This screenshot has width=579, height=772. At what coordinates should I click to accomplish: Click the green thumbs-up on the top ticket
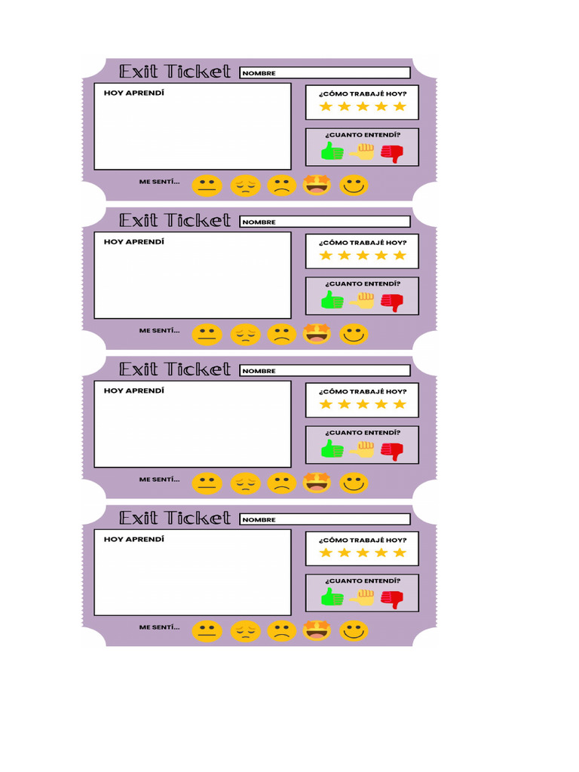point(332,152)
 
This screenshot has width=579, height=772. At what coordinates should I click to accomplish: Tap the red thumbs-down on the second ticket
point(392,302)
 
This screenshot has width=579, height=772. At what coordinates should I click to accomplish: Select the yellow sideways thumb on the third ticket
point(363,450)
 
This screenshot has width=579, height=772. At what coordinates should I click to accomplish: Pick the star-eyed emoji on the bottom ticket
point(317,630)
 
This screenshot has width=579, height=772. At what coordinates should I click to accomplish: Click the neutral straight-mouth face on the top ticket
point(207,185)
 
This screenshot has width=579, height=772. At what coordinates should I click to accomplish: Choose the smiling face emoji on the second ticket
point(354,333)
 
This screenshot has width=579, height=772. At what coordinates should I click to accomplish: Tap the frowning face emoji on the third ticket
point(281,482)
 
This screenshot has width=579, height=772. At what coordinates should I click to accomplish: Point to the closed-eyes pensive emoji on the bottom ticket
point(245,631)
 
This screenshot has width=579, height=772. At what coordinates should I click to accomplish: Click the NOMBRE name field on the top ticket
point(325,73)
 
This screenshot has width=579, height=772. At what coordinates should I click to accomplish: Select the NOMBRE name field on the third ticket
point(325,371)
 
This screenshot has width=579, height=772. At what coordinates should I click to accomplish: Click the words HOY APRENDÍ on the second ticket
point(133,242)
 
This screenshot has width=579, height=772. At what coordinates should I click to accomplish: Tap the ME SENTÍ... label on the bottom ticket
point(159,627)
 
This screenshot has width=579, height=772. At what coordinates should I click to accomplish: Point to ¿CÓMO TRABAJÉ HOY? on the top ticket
point(362,94)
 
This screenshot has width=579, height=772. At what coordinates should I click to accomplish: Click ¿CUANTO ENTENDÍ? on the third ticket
point(362,433)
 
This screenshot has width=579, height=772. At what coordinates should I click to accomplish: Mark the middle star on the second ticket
point(363,255)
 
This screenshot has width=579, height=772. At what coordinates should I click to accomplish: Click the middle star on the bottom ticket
point(363,553)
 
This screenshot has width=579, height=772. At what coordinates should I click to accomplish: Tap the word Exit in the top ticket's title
point(139,72)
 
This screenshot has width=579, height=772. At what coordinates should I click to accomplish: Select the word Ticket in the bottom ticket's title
point(198,518)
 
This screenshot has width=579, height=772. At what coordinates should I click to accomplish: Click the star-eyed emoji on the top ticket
point(317,184)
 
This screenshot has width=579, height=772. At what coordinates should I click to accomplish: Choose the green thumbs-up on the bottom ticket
point(332,599)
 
